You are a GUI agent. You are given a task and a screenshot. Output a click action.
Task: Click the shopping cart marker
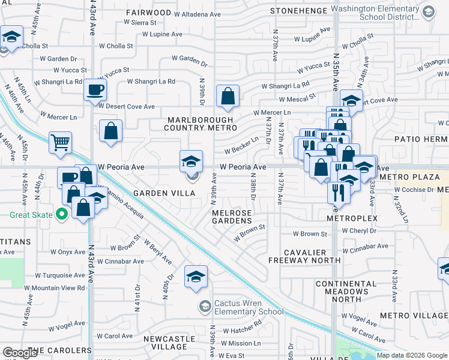tap(60, 143)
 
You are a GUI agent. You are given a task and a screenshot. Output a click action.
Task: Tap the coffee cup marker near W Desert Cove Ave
tap(95, 91)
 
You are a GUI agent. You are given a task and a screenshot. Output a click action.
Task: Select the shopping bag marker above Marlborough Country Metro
tap(228, 96)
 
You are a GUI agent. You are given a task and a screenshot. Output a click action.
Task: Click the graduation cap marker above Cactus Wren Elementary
tap(196, 277)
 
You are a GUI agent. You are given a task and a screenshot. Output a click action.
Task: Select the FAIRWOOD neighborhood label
tap(148, 12)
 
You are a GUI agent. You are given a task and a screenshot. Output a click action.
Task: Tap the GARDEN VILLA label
tap(164, 193)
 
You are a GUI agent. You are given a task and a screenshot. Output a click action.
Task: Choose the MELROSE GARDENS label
tap(231, 217)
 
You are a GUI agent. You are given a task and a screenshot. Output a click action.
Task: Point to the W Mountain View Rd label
tap(59, 288)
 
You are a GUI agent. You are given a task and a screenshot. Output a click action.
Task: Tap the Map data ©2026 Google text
tap(411, 355)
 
